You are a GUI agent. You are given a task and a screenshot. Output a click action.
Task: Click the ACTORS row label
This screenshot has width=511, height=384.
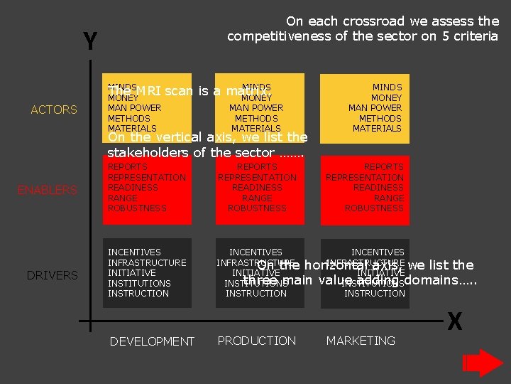click(54, 110)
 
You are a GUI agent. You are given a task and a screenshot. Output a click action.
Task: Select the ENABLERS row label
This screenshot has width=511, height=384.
click(48, 190)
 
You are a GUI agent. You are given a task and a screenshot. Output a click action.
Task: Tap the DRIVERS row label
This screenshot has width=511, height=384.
click(52, 275)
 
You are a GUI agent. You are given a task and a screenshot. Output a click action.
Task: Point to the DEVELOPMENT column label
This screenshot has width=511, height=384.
click(152, 342)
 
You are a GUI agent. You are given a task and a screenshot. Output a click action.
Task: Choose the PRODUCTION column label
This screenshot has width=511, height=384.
click(257, 341)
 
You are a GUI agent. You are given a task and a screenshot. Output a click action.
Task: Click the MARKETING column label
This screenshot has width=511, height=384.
click(361, 341)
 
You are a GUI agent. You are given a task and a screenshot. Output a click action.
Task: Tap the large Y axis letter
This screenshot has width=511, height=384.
click(90, 43)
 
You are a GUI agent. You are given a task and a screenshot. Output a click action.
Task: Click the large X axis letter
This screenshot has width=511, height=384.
click(455, 322)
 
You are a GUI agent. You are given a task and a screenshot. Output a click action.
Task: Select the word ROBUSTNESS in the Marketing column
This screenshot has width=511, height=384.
click(374, 208)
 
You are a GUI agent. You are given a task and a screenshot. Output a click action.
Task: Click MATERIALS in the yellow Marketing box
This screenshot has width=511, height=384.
click(377, 129)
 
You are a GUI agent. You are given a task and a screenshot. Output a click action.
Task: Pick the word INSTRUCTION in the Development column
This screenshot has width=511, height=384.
click(138, 293)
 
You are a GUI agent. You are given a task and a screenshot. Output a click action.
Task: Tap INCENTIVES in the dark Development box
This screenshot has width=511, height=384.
click(134, 252)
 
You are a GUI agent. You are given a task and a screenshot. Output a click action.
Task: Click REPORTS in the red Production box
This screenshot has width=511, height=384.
click(257, 167)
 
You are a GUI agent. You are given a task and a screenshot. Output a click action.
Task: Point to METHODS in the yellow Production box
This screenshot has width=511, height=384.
click(256, 118)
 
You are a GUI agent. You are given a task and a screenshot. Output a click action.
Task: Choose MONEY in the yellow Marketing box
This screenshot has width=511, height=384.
click(386, 97)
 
